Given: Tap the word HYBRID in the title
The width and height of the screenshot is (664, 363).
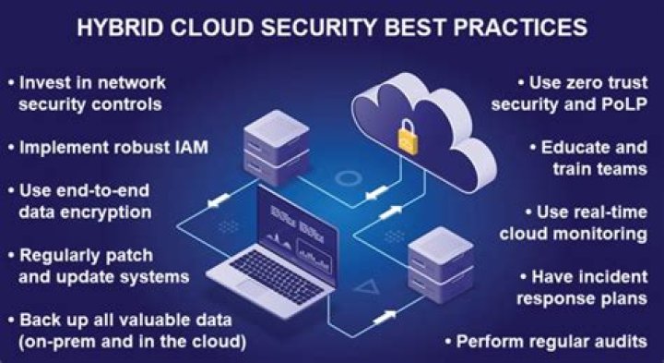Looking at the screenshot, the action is point(120,28).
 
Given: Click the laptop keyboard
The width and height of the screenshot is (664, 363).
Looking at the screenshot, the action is point(277,276).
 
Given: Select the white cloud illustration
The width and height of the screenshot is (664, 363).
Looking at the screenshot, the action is point(424,131).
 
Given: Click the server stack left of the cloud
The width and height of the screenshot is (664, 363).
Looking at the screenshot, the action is point(276,148).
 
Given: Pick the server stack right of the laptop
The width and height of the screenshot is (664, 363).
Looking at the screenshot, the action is point(441,264).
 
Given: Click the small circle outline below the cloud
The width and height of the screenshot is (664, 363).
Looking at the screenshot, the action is point(348,178).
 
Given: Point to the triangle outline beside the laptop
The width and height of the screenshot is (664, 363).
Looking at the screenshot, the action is point(367,288).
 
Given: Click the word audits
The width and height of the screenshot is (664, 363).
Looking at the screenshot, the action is point(622,342).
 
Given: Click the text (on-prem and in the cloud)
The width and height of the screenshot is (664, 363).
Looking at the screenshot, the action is point(132,342).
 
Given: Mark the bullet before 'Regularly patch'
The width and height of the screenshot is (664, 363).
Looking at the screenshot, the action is point(11,256).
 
